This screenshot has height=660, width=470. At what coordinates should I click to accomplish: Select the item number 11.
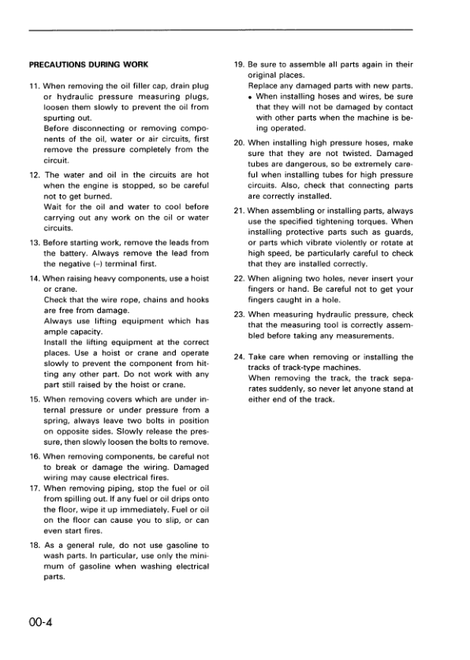point(35,85)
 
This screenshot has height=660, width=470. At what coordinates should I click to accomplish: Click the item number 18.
point(35,545)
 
